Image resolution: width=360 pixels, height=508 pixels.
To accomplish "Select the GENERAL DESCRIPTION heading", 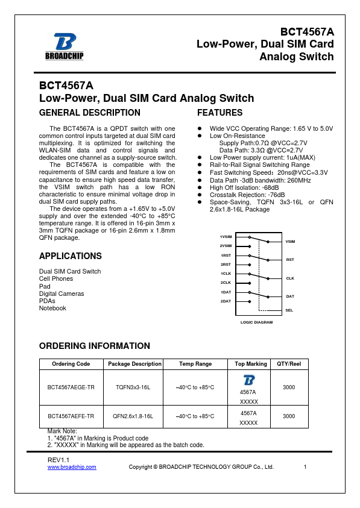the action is click(x=89, y=113).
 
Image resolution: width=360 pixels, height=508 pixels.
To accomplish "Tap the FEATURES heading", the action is click(x=219, y=113).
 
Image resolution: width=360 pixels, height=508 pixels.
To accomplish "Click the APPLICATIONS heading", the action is click(x=70, y=256).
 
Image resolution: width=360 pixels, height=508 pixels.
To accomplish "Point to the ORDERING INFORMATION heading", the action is click(x=94, y=346).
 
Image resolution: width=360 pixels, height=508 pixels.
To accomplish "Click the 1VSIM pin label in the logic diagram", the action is click(x=226, y=237).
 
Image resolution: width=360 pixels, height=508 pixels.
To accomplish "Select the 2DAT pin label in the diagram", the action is click(x=226, y=301).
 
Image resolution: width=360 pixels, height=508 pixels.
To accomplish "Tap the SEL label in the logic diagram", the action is click(x=289, y=310).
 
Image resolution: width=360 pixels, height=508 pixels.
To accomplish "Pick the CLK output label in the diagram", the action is click(x=289, y=278).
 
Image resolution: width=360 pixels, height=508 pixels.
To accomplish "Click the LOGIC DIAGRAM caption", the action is click(x=256, y=322).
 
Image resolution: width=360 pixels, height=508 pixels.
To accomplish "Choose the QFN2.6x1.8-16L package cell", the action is click(x=134, y=416).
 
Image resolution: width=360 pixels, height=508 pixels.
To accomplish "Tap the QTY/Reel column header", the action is click(x=289, y=364).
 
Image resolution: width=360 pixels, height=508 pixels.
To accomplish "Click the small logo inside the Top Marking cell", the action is click(x=248, y=380).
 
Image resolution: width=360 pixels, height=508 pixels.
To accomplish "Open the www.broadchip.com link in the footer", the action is click(x=72, y=467).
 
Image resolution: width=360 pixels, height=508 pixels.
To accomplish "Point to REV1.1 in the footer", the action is click(x=59, y=460).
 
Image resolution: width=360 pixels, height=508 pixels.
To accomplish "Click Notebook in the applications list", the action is click(x=52, y=308).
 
